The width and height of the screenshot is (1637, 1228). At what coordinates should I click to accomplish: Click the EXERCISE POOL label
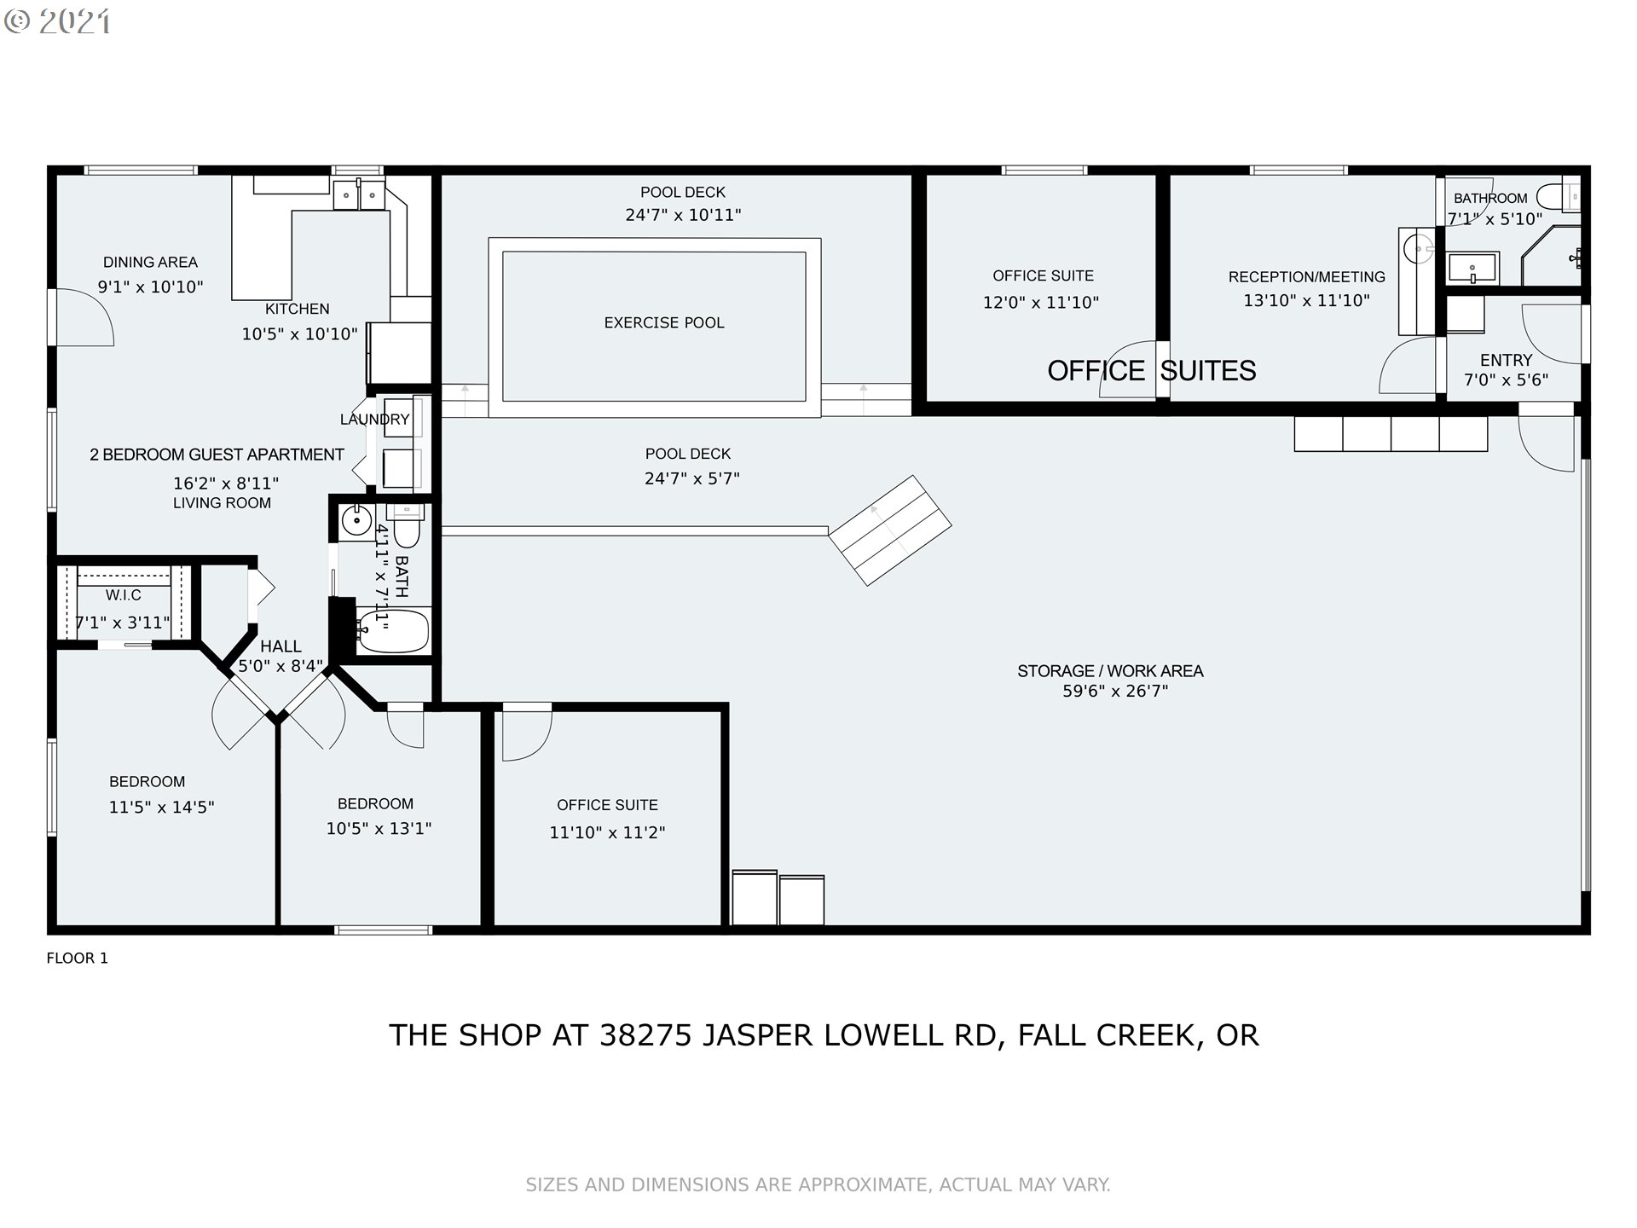[x=664, y=323]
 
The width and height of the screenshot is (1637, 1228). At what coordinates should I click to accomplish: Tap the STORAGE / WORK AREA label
[x=1110, y=671]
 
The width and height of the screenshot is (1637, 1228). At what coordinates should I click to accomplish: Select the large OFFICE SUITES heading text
[x=1152, y=371]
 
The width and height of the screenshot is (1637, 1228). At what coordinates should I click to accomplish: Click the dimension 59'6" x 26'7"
[x=1115, y=692]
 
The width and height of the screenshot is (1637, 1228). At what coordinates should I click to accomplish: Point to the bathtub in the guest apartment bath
[x=392, y=631]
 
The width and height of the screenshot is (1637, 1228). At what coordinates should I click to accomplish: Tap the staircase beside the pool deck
[x=890, y=530]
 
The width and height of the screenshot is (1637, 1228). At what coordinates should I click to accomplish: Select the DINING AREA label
[x=150, y=263]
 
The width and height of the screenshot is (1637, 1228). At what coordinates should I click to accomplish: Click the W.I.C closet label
[x=124, y=595]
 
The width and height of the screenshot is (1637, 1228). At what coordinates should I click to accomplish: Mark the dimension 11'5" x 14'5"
[x=161, y=807]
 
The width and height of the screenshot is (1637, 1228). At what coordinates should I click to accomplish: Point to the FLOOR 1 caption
[x=78, y=959]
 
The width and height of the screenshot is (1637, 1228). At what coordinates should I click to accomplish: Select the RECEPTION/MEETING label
[x=1307, y=277]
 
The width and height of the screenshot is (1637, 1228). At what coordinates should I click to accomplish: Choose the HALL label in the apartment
[x=281, y=647]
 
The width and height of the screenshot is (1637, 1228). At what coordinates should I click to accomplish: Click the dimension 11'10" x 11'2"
[x=607, y=832]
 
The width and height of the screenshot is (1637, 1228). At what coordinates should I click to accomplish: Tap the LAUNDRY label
[x=375, y=420]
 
